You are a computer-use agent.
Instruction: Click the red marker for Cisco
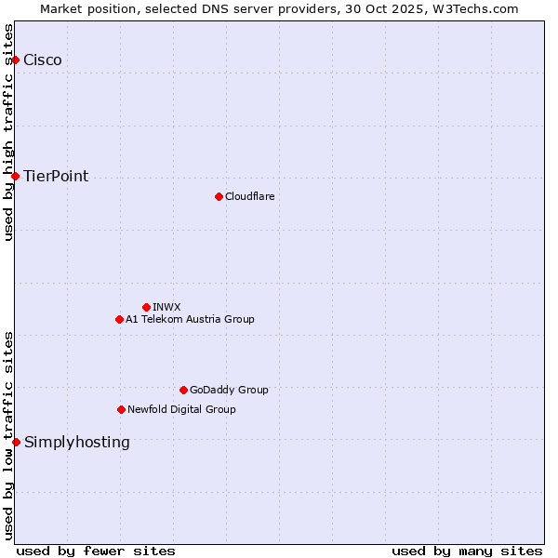[x=15, y=60]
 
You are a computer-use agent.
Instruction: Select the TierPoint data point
[x=15, y=176]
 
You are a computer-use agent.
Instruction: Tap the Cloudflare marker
[x=219, y=196]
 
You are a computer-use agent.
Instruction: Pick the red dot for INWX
[x=146, y=307]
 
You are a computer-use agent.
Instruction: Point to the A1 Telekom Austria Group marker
[x=119, y=319]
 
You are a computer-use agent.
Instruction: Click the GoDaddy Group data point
[x=183, y=390]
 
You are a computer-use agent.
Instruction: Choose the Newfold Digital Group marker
[x=121, y=409]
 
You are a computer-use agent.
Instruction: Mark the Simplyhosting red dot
[x=16, y=442]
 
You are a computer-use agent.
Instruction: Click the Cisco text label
[x=43, y=60]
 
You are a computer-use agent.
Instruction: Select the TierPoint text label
[x=56, y=176]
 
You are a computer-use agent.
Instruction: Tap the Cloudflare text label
[x=249, y=196]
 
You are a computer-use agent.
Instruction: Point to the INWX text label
[x=166, y=307]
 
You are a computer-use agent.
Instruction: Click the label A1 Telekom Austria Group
[x=190, y=319]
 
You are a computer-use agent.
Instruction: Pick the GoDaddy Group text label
[x=229, y=390]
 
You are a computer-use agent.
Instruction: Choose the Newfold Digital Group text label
[x=181, y=409]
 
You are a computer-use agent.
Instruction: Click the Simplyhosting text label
[x=77, y=442]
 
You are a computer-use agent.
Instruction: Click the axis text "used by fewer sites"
[x=96, y=551]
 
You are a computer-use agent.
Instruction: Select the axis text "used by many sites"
[x=467, y=551]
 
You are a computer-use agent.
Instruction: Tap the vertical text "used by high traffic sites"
[x=8, y=132]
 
